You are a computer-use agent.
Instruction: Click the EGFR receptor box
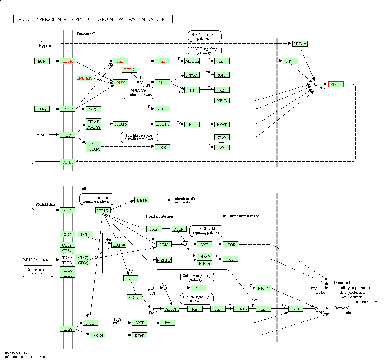67,61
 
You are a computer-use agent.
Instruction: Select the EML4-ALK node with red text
85,78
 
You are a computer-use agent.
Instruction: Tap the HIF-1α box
300,44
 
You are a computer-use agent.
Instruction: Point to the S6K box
221,75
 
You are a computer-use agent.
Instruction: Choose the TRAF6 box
121,124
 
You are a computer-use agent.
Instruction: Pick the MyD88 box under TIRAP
93,127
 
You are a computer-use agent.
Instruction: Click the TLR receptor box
67,135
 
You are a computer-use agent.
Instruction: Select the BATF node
142,200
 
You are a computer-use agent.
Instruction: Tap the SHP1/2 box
103,211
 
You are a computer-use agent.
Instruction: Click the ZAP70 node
119,245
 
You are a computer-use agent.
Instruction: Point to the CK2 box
153,229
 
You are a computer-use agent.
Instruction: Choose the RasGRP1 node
172,309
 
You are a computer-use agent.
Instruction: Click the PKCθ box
98,335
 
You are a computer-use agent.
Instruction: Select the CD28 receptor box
67,329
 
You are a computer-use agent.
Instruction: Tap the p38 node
230,259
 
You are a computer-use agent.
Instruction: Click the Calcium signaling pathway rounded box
197,277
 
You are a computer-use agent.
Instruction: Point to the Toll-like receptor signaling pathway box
139,137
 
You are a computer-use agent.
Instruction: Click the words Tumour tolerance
244,216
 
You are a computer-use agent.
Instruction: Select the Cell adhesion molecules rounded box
37,271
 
